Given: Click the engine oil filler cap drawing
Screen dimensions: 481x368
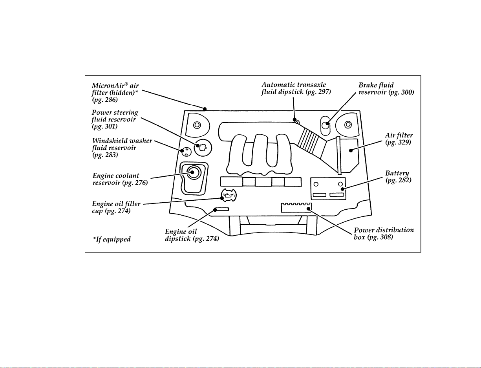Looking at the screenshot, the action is [229, 195].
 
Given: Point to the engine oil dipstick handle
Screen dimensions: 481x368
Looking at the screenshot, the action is [221, 209].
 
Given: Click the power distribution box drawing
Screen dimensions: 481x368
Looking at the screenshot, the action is [296, 207].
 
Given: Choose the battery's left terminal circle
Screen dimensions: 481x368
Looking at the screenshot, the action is [316, 184].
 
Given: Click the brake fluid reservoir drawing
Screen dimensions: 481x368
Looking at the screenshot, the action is [325, 126].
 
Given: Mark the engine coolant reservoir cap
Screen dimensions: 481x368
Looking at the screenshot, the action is [193, 172].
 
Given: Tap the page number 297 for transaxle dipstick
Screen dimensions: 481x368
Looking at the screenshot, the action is [322, 92].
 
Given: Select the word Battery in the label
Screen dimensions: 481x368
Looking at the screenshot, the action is [397, 173].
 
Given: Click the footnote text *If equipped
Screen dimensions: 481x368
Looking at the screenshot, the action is [112, 239].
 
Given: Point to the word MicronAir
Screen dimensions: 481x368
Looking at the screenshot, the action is [108, 86].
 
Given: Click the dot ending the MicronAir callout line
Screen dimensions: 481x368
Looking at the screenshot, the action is [205, 109].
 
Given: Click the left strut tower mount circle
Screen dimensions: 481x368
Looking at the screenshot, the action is [197, 125].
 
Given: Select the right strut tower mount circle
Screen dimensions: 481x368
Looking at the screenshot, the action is [348, 125].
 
